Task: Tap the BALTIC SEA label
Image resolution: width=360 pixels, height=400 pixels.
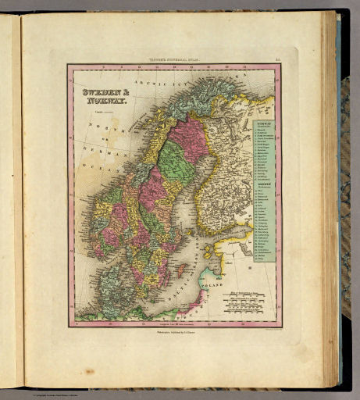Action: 187,294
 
